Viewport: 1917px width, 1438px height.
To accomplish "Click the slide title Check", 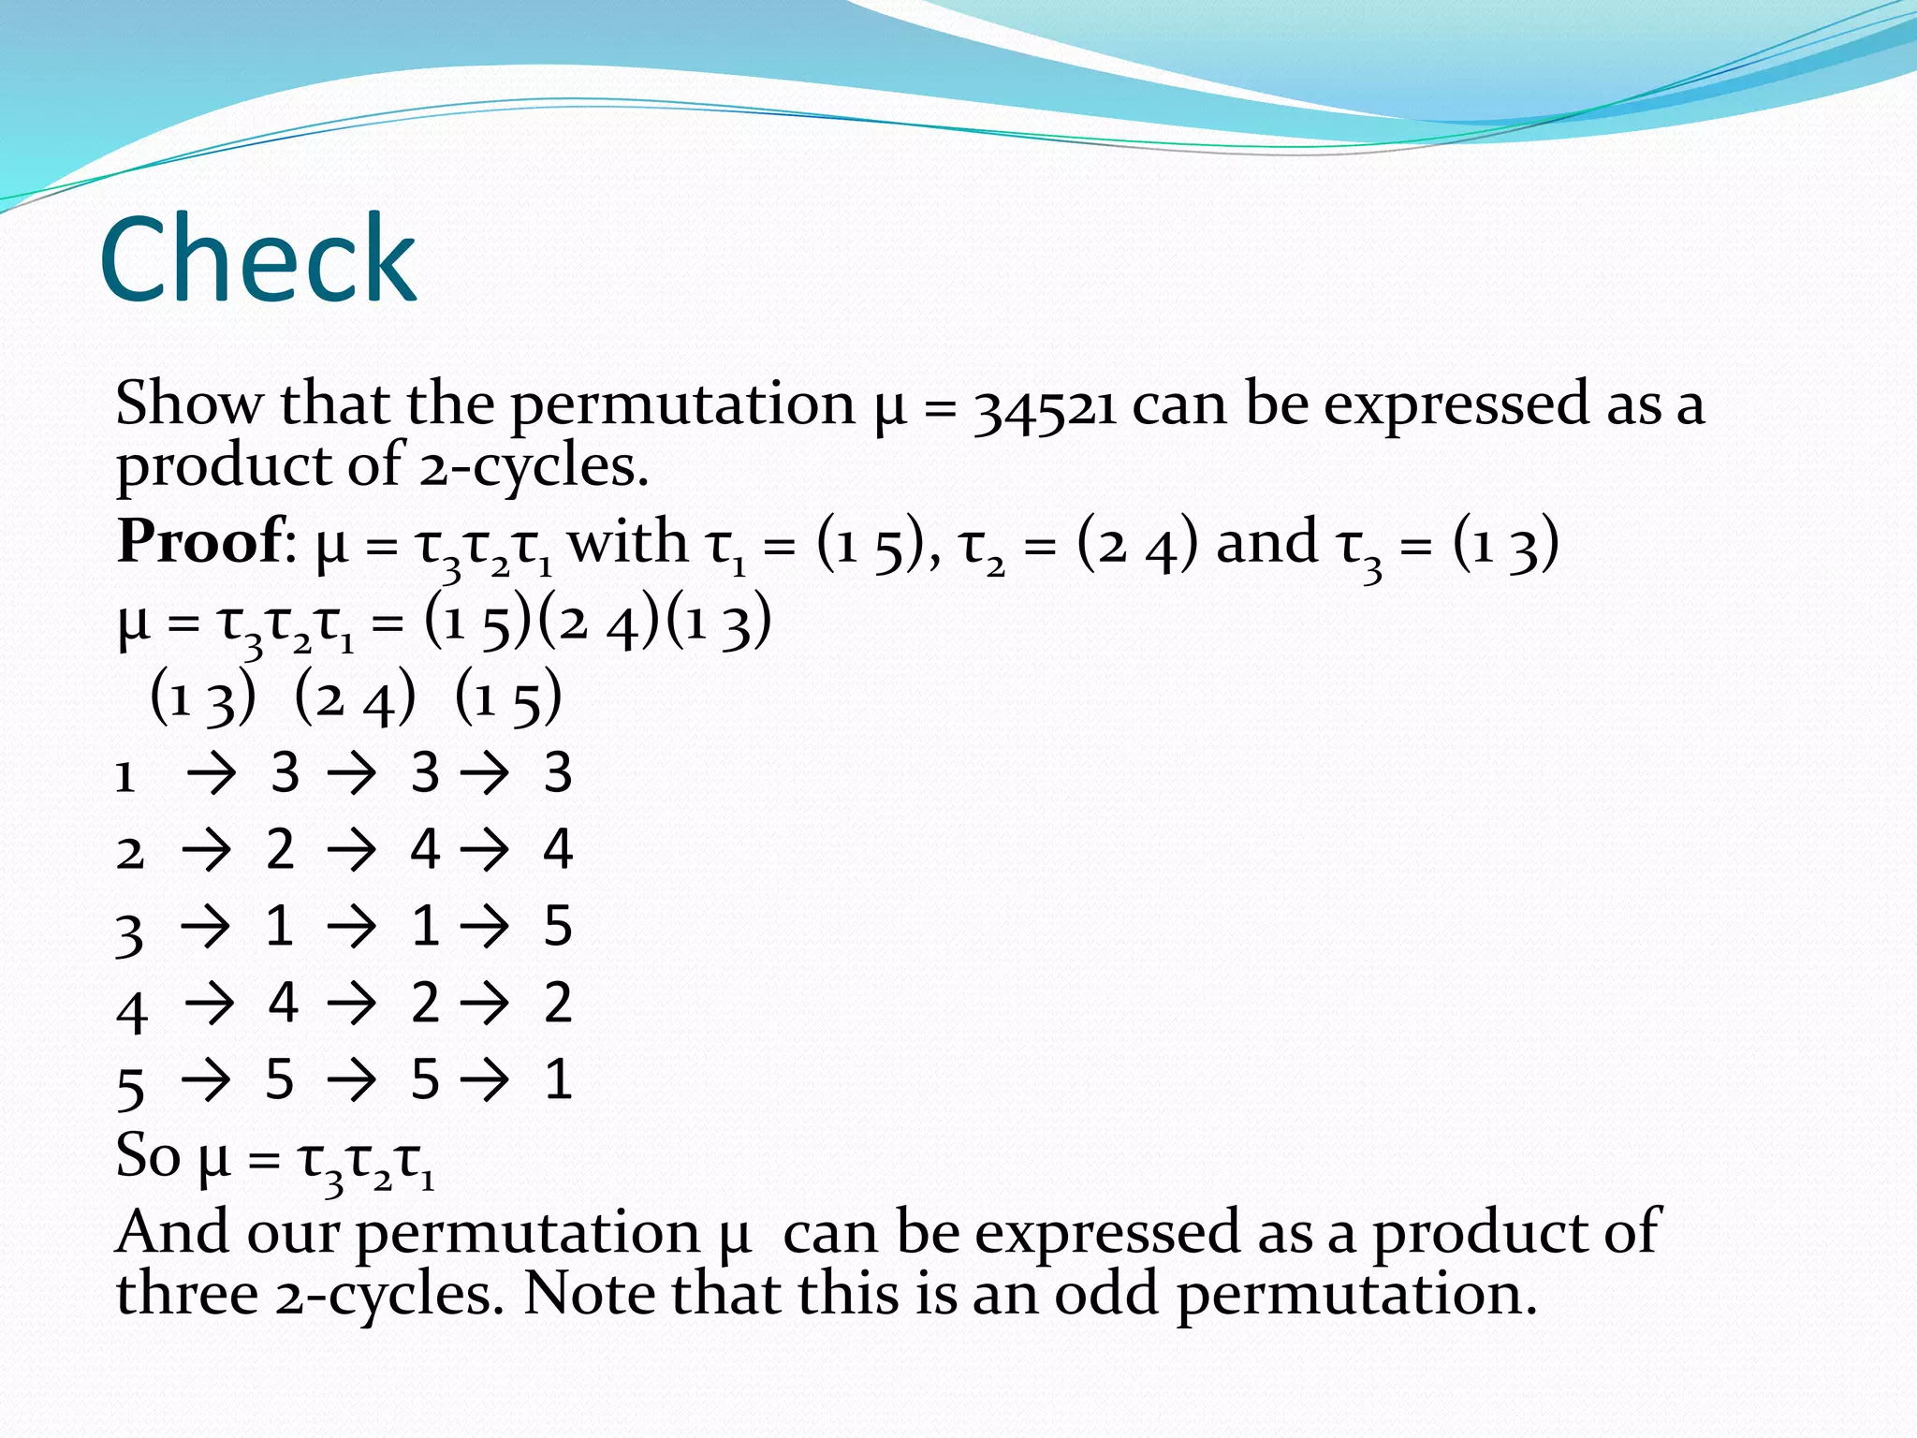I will coord(257,259).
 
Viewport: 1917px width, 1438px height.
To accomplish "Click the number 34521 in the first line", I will coord(1045,406).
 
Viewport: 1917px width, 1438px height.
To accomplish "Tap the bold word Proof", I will coord(199,542).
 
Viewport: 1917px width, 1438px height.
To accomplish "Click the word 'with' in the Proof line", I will coord(627,542).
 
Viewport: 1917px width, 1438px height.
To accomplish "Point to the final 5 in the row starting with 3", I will coord(558,926).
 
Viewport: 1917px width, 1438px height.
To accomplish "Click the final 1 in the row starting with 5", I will coord(558,1079).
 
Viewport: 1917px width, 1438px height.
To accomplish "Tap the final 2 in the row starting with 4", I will coord(558,1003).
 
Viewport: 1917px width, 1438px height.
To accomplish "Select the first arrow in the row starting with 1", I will coord(211,774).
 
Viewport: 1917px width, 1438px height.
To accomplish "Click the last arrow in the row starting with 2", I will coord(484,851).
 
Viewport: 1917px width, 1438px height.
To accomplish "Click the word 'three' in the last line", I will coord(187,1294).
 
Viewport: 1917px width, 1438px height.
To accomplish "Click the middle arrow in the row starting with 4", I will coord(351,1005).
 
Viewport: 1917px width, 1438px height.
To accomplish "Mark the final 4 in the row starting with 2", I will coord(558,849).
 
